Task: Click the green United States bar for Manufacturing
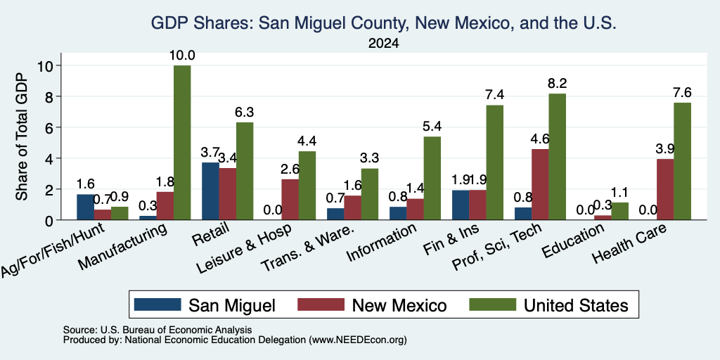point(182,143)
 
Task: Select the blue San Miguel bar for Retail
point(210,191)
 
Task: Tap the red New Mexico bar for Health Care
point(665,190)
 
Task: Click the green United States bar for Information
point(432,178)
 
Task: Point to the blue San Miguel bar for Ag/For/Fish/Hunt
point(85,207)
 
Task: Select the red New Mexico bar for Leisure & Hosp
point(290,200)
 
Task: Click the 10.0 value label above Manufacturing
point(182,56)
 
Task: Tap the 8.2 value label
point(557,83)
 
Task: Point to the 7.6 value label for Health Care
point(682,92)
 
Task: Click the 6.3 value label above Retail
point(244,112)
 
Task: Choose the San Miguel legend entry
point(205,305)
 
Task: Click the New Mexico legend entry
point(372,305)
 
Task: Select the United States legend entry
point(548,305)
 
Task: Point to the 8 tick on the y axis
point(51,96)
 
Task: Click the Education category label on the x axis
point(572,240)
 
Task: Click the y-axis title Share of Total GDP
point(22,136)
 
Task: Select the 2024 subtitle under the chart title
point(383,44)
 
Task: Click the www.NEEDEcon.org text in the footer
point(358,340)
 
